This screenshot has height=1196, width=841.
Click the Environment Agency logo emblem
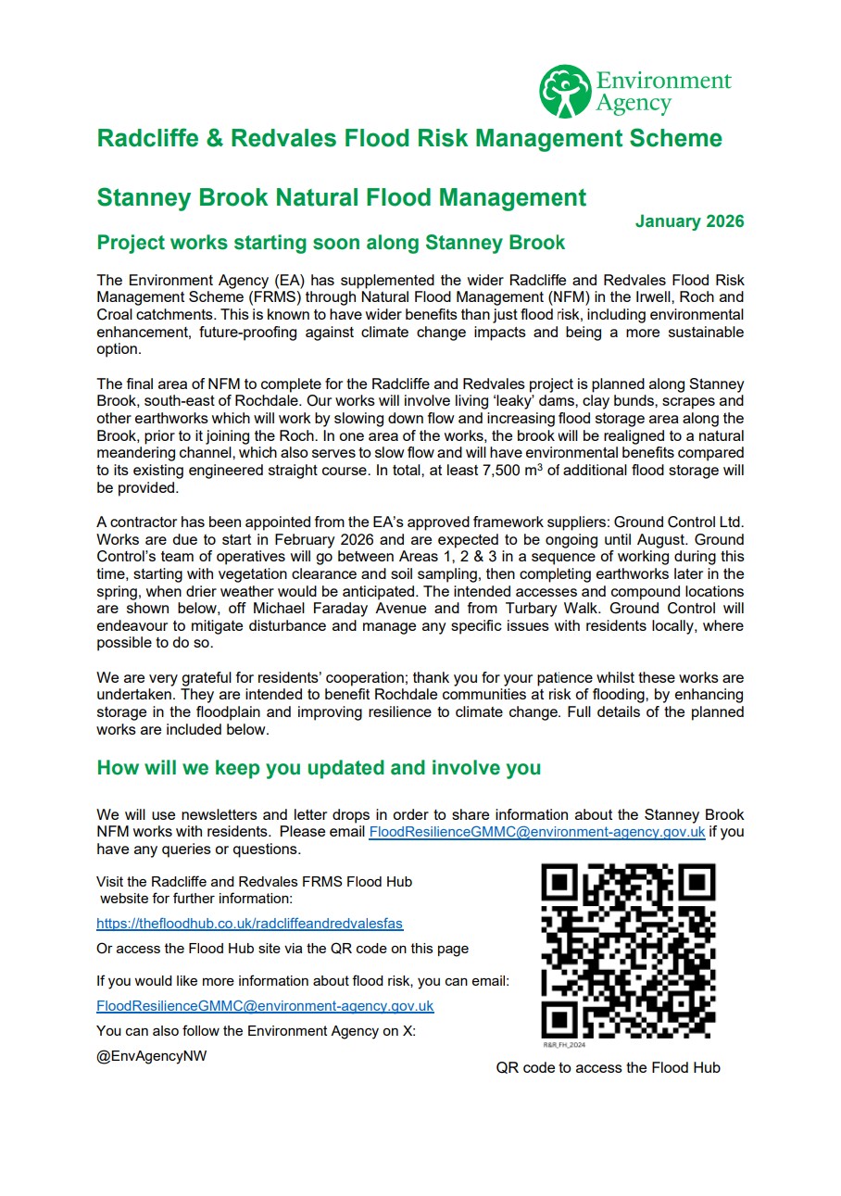[565, 91]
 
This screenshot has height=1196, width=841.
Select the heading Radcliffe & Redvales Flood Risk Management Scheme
[409, 139]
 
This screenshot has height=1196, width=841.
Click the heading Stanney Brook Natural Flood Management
[341, 197]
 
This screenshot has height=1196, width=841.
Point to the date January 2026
[689, 221]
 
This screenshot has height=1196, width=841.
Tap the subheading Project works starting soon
[331, 243]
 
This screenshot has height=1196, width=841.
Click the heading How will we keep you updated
[319, 768]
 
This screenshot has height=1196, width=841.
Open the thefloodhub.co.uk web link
[249, 924]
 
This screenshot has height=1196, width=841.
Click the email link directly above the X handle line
[265, 1005]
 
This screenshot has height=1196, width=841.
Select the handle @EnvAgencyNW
[152, 1056]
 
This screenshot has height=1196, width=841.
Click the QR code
[629, 951]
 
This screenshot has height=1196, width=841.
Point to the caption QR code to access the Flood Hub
[608, 1067]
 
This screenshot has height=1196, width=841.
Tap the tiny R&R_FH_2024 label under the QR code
[564, 1044]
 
